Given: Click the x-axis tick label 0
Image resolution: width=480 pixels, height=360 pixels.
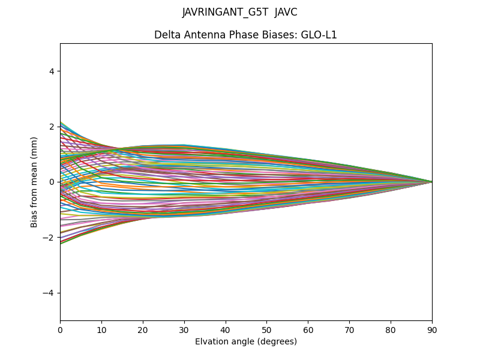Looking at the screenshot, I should (x=60, y=329).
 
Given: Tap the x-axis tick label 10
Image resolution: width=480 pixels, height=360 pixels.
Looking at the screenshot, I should (x=101, y=329).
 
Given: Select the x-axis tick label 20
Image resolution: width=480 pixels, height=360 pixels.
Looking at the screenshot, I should (x=143, y=329).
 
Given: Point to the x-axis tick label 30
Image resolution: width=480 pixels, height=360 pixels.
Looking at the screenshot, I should (x=184, y=329).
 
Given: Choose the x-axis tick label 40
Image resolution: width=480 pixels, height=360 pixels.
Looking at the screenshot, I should (x=226, y=329).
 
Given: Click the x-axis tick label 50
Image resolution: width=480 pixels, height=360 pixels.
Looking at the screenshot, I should (x=266, y=329).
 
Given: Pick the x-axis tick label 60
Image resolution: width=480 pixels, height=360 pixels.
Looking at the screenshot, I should (x=308, y=329).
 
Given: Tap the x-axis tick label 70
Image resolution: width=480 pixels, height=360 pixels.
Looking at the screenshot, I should (x=349, y=329).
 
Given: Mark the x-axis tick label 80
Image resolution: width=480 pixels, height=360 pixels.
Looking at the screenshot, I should (x=391, y=329).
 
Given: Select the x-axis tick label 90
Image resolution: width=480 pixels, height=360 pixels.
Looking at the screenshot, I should (x=432, y=329).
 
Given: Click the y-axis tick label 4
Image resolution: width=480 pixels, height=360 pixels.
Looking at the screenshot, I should (x=52, y=71).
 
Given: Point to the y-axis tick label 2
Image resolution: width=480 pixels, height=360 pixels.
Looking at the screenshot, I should (x=52, y=127).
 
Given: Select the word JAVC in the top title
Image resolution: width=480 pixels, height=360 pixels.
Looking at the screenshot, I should (x=286, y=12).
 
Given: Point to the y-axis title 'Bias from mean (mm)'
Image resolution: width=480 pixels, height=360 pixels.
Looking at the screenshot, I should (x=35, y=182).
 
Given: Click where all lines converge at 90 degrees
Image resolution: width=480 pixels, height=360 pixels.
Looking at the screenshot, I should (x=431, y=182).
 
